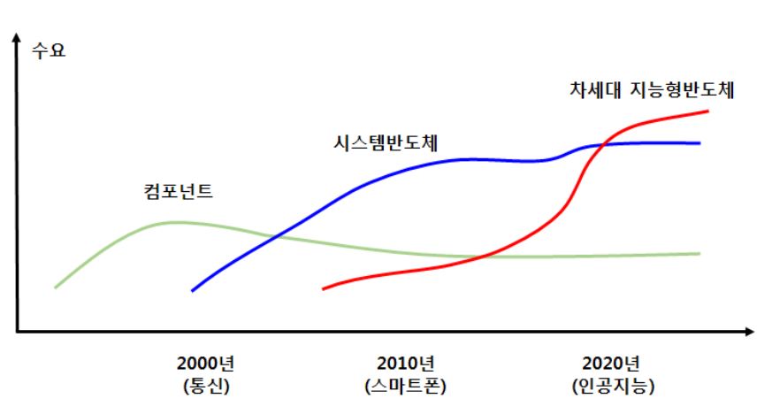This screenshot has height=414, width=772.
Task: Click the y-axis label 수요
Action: (49, 50)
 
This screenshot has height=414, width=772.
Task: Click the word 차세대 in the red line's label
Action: (593, 89)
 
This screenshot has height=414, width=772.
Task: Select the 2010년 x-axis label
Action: (405, 364)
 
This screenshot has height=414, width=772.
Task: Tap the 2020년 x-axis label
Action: (612, 364)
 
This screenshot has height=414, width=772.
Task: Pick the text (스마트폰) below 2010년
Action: (405, 387)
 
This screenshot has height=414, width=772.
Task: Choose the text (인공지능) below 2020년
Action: (612, 387)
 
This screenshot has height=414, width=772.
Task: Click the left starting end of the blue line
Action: (193, 289)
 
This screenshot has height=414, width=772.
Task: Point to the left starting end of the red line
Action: (324, 288)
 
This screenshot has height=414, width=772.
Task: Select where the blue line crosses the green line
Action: (277, 236)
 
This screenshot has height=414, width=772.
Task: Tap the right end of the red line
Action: (707, 111)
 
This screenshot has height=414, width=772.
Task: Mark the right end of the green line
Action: (699, 253)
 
